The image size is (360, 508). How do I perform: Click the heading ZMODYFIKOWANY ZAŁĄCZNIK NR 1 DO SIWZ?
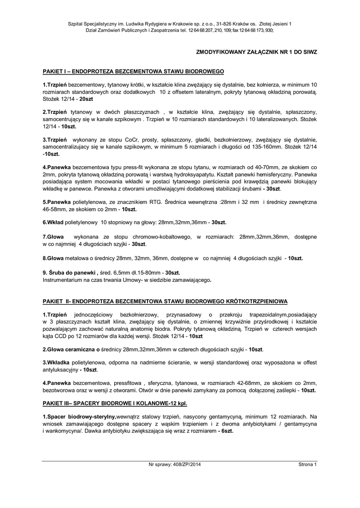point(257,52)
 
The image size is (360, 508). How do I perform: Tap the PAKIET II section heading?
point(164,301)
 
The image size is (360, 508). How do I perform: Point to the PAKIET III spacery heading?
point(115,403)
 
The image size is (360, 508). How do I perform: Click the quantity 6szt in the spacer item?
point(227,431)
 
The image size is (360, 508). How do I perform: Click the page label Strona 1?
point(307,464)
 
